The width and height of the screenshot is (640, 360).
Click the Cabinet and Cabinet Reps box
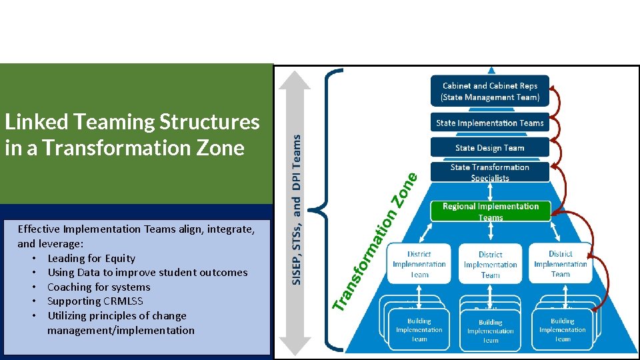point(490,91)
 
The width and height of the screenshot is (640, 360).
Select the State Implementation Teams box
point(490,123)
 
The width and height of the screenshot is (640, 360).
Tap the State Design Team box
point(490,147)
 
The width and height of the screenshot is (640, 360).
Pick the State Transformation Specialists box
point(490,172)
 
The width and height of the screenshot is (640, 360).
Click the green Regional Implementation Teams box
point(490,211)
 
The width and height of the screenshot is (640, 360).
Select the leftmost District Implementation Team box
point(419,264)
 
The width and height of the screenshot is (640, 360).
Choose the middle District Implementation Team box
point(490,265)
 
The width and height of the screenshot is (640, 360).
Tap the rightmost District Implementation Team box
point(561,264)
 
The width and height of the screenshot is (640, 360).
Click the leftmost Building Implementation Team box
point(419,329)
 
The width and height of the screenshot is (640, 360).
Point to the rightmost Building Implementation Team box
point(563,329)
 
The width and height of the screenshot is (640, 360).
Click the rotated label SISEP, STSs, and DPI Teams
point(297,208)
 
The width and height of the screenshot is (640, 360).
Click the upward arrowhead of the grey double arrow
point(294,79)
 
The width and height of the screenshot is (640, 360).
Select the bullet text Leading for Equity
point(91,258)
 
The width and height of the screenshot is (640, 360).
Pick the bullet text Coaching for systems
point(99,287)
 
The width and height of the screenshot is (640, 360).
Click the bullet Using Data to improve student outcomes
point(147,272)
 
